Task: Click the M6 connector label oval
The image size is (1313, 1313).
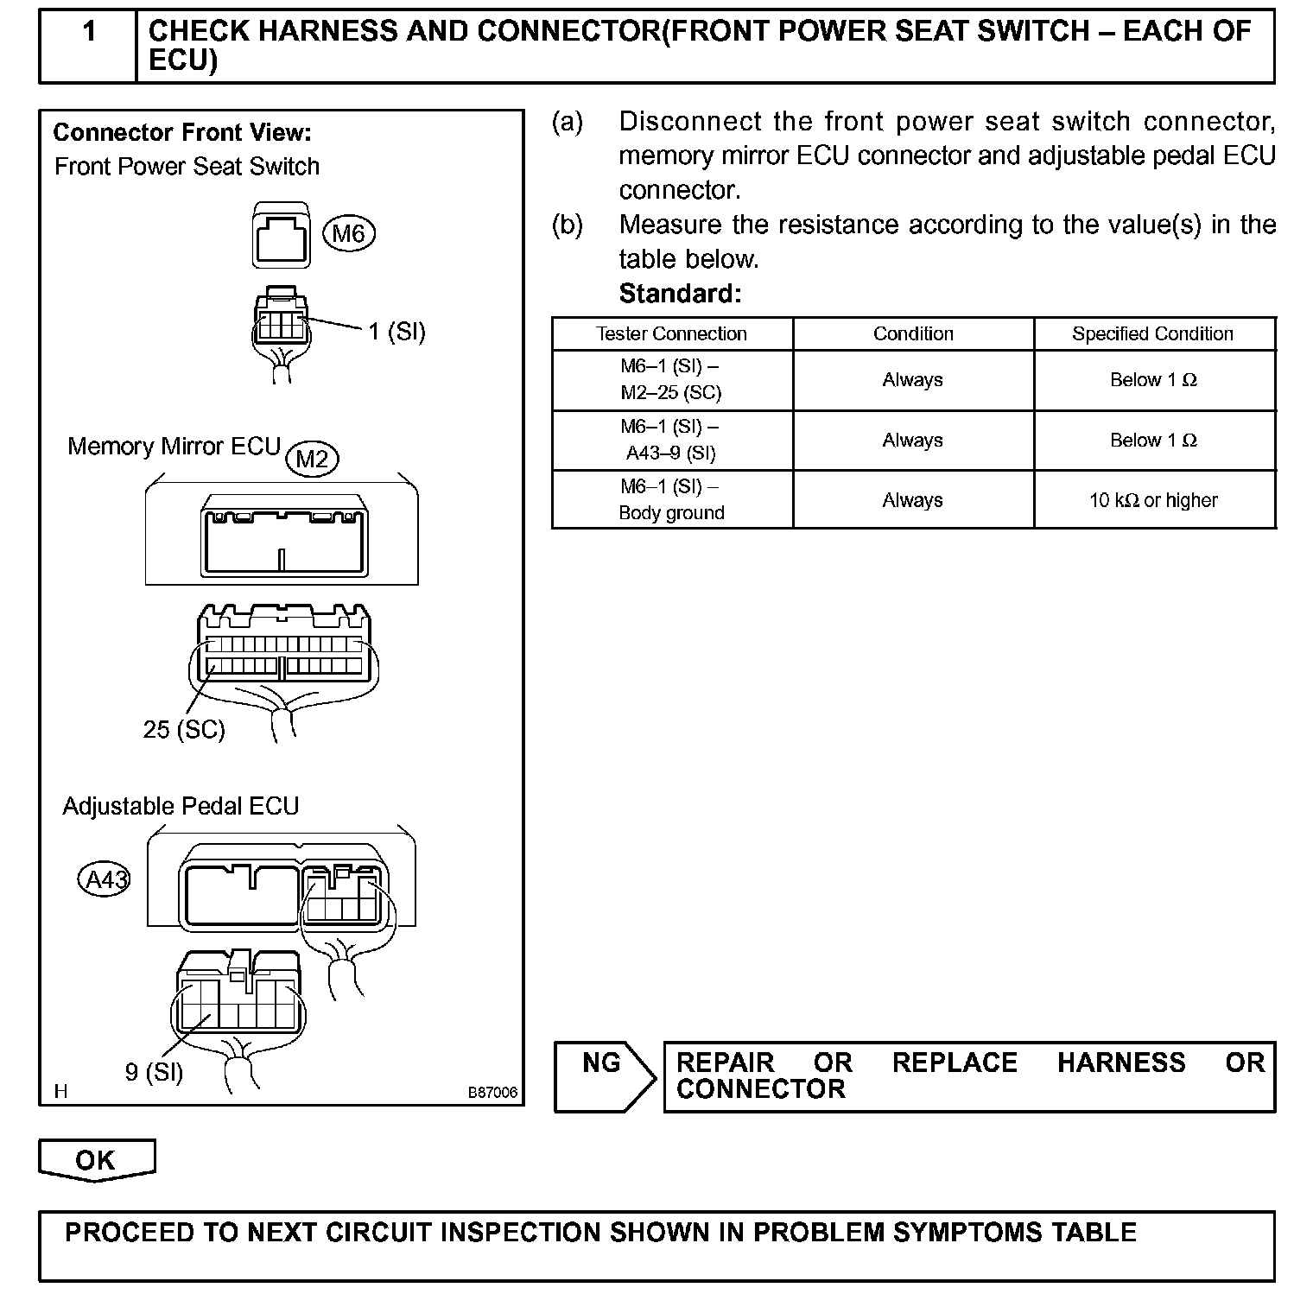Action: pos(349,233)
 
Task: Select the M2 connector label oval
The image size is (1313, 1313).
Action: pos(312,459)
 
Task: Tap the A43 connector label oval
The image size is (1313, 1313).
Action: pos(105,880)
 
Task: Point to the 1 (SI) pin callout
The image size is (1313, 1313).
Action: pos(396,332)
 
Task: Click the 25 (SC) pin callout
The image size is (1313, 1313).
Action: pos(184,730)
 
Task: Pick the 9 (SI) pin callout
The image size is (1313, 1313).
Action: pos(154,1072)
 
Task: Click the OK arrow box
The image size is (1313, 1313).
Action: pos(96,1159)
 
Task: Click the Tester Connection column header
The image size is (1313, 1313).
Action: pos(671,334)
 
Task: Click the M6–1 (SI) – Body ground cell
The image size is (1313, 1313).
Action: pos(671,499)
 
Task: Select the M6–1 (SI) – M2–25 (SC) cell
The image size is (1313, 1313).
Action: pos(671,379)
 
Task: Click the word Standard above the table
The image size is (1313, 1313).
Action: pos(680,295)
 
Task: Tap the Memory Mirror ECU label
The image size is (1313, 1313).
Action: pos(174,447)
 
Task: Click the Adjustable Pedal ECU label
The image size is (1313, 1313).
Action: pos(181,807)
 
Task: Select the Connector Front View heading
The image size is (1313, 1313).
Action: pos(182,133)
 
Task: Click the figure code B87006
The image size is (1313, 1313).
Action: pos(492,1093)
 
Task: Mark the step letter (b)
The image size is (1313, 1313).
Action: pos(568,225)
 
